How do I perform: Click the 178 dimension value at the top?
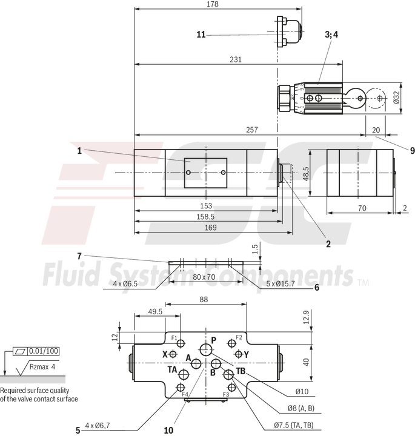[x=213, y=4]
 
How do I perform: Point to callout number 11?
[x=201, y=35]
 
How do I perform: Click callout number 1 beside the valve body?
[x=79, y=151]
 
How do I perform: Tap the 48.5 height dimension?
[x=307, y=174]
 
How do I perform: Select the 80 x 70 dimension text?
[x=204, y=277]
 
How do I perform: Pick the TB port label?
[x=241, y=371]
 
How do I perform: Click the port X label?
[x=164, y=354]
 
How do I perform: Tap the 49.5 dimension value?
[x=154, y=312]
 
